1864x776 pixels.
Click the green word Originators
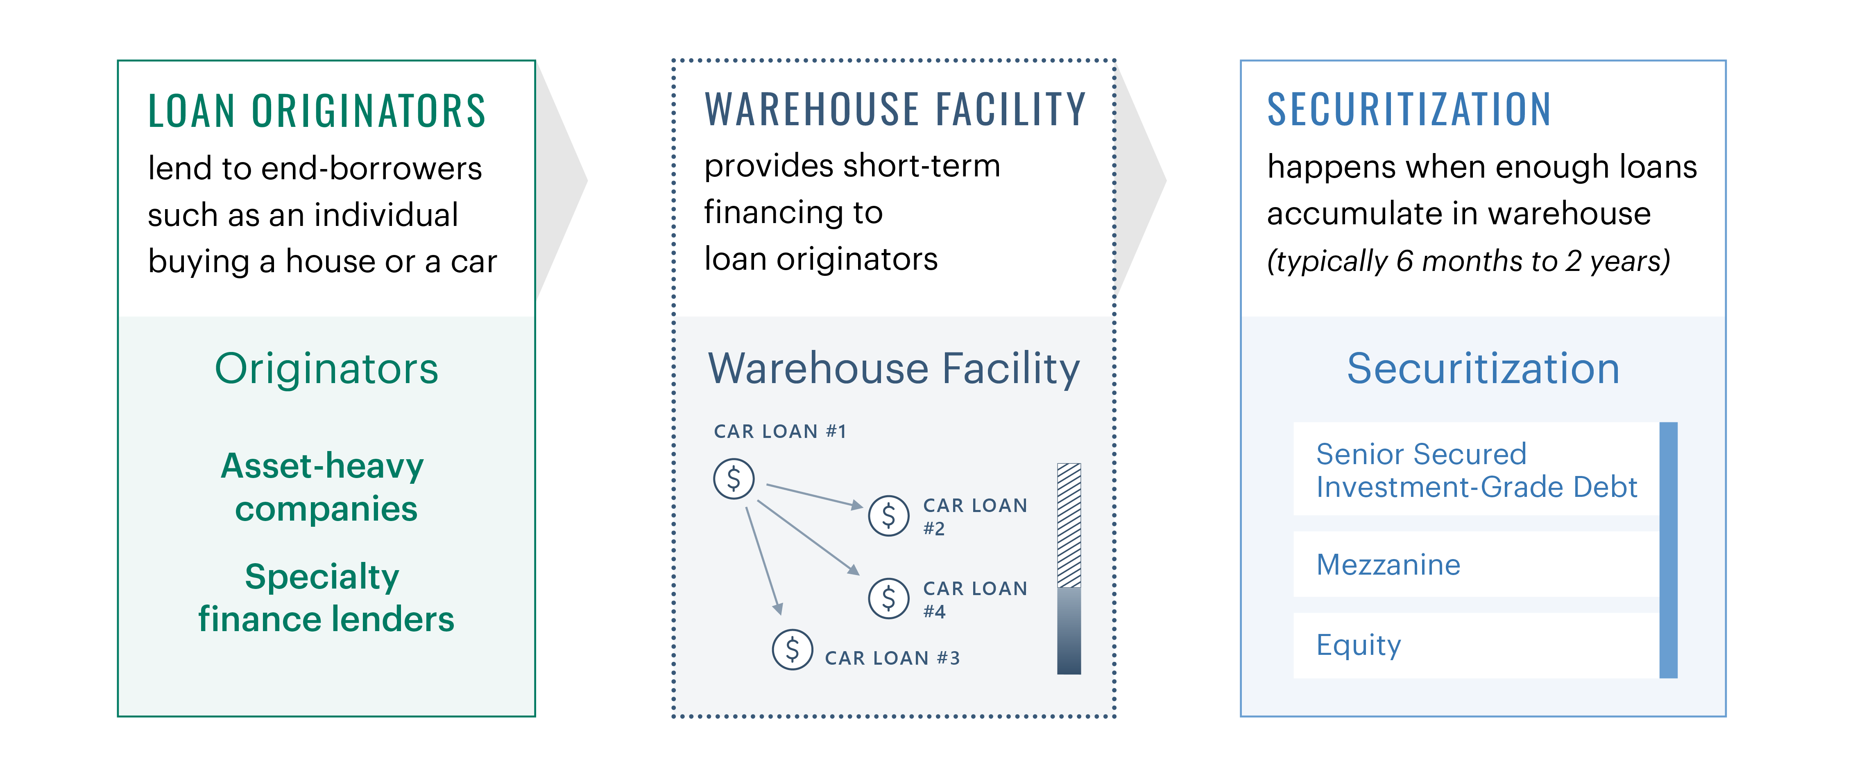[x=326, y=369]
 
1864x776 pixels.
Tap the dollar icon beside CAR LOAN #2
[x=888, y=516]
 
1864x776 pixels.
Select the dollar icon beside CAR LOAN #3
[x=793, y=650]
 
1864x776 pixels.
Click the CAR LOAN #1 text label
[x=779, y=432]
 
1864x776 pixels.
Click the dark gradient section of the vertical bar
[x=1069, y=631]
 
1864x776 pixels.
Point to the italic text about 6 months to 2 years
[x=1468, y=261]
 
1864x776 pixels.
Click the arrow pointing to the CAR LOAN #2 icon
[x=815, y=495]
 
